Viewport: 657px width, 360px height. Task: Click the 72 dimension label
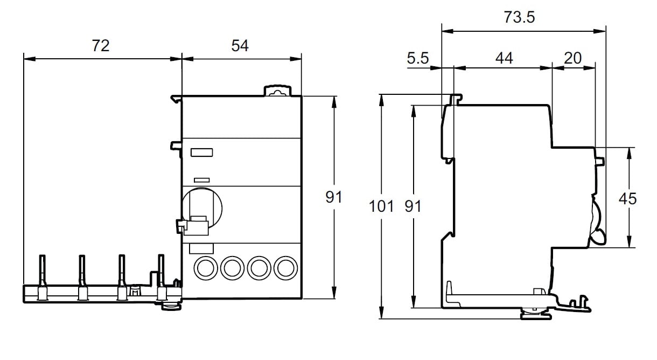point(100,46)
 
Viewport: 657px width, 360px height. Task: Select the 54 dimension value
point(240,46)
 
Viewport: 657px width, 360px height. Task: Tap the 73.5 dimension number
point(520,17)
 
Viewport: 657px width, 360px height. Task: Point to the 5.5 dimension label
point(417,58)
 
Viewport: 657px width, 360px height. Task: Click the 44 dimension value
point(504,58)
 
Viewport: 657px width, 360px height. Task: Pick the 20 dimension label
point(573,58)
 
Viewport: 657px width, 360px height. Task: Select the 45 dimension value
point(627,198)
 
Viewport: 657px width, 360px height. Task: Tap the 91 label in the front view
point(334,197)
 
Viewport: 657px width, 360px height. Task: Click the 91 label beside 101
point(413,206)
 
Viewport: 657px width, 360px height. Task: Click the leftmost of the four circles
point(205,267)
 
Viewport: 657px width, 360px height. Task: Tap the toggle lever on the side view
point(597,221)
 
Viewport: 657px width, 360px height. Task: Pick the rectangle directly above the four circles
point(201,248)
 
